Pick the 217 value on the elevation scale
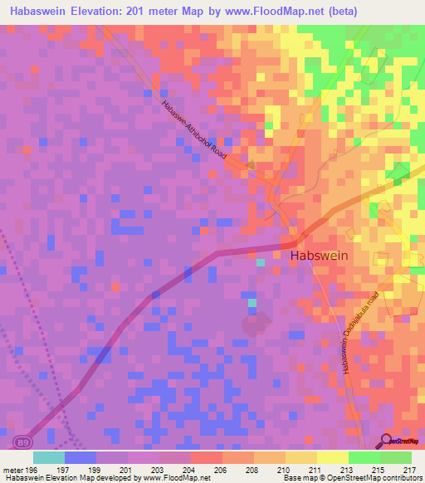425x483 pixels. coord(410,470)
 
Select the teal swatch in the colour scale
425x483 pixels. coord(48,457)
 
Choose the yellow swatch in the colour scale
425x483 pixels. coord(332,457)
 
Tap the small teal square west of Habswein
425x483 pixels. coord(261,262)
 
